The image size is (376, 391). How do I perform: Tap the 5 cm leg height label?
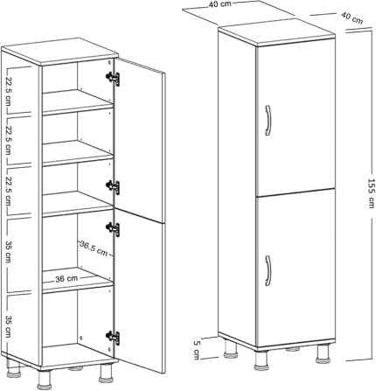(197, 350)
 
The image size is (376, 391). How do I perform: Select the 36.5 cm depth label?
(94, 248)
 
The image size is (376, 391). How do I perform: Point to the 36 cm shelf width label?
(66, 279)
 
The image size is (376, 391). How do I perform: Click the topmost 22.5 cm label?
(9, 91)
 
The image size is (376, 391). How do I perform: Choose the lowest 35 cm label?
(9, 326)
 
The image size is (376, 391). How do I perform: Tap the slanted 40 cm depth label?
(352, 17)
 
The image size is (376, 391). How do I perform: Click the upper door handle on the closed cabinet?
(268, 121)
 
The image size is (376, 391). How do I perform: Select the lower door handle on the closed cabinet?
(268, 270)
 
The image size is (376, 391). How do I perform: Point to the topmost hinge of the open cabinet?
(113, 79)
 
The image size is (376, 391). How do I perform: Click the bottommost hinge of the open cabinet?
(113, 338)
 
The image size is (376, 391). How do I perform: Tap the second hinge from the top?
(113, 187)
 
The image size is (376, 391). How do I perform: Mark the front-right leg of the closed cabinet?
(323, 354)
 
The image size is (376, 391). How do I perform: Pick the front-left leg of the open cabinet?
(44, 380)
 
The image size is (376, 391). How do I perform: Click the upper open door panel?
(139, 141)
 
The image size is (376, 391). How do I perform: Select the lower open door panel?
(139, 291)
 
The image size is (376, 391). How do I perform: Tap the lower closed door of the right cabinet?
(296, 268)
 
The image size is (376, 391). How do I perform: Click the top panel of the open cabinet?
(60, 51)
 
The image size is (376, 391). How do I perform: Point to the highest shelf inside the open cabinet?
(78, 102)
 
